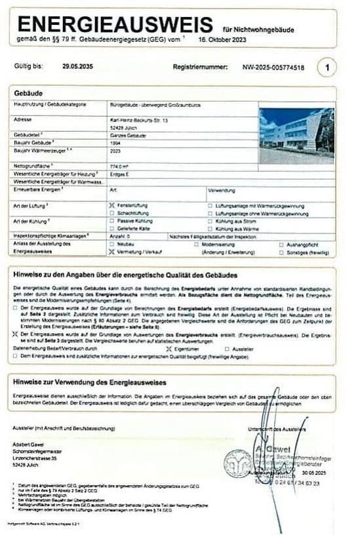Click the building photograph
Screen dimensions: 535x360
pos(296,136)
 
